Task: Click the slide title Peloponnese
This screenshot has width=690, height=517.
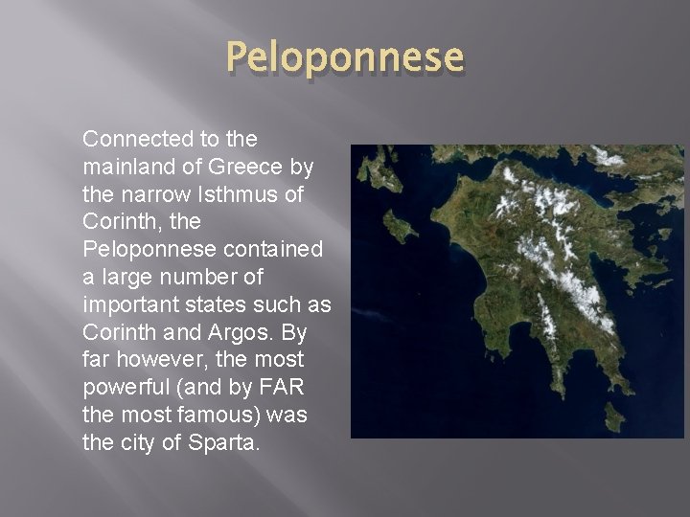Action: [x=345, y=58]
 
